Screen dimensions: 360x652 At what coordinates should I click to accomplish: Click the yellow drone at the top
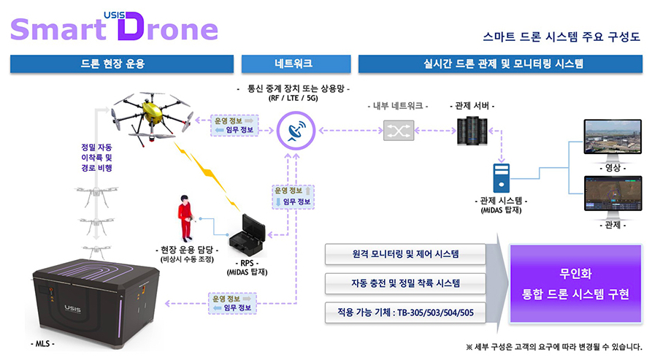click(152, 115)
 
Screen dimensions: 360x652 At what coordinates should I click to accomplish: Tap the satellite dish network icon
click(297, 131)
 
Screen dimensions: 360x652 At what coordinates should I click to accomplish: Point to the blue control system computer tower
click(501, 177)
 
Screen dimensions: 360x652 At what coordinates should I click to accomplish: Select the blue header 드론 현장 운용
click(121, 64)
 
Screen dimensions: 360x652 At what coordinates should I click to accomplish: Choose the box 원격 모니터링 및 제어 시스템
click(405, 254)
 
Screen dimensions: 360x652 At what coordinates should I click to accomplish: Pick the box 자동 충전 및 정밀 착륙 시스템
click(405, 283)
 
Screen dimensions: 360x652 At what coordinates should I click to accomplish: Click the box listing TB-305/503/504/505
click(405, 312)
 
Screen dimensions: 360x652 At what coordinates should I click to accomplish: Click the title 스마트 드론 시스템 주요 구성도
click(561, 36)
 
